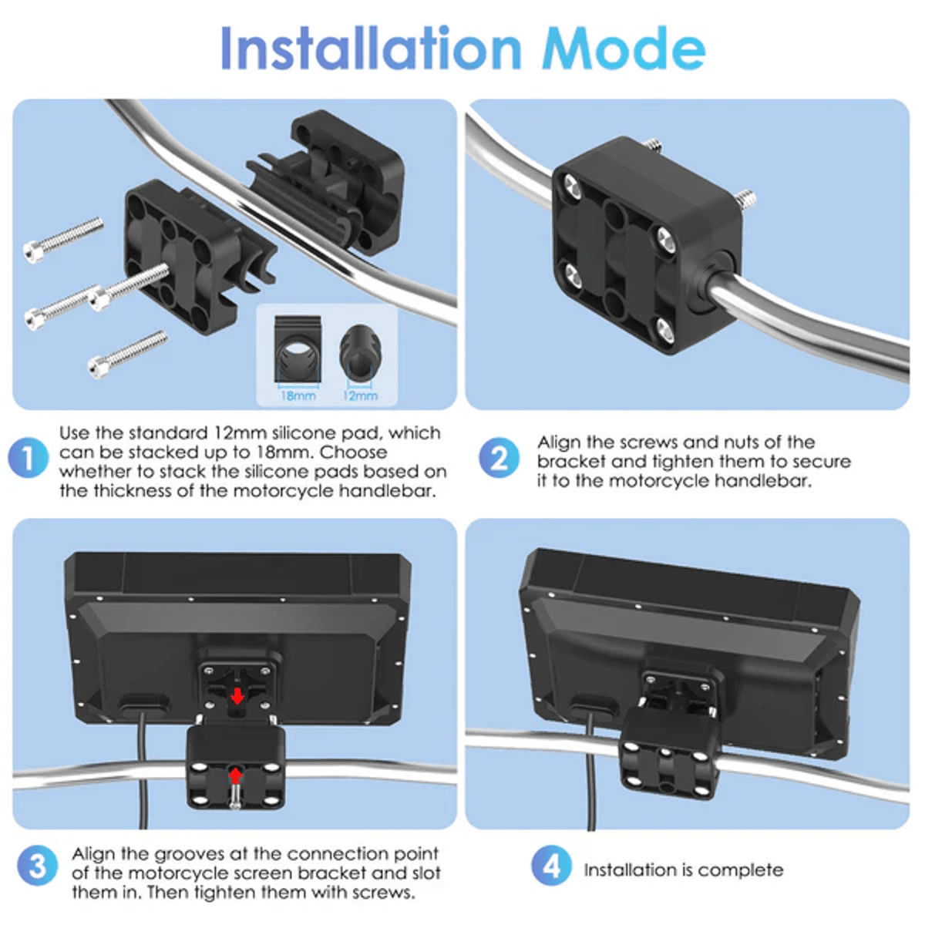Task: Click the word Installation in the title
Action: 371,49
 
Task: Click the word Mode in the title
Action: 624,49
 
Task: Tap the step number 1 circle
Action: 29,457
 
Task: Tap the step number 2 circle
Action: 499,457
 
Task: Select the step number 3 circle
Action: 38,866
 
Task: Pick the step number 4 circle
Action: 552,866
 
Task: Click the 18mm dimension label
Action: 298,395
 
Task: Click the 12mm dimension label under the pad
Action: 360,395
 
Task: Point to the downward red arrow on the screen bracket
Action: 237,695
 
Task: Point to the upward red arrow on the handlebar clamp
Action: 235,775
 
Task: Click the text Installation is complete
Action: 684,869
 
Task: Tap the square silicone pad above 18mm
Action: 298,348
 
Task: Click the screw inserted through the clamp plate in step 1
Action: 129,286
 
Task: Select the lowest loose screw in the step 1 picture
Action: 127,353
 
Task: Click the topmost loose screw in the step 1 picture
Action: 63,240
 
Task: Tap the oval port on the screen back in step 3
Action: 144,703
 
